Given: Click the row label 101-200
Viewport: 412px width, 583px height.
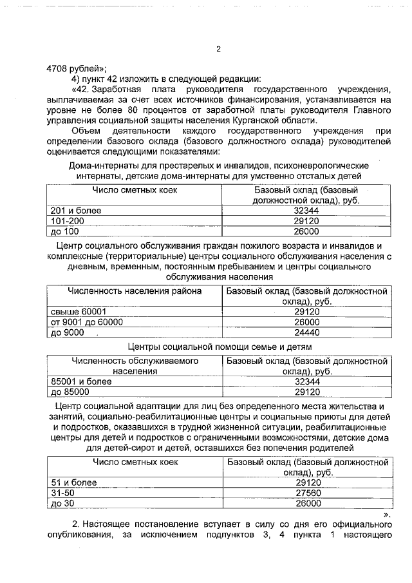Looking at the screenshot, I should pos(67,221).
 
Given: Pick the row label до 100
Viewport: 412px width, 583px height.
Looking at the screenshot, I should pos(64,231).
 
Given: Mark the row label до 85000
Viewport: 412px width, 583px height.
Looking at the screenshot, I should pos(70,392).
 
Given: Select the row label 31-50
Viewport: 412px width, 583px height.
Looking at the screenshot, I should pos(62,493).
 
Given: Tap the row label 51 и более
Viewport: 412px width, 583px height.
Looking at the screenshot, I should pos(73,483).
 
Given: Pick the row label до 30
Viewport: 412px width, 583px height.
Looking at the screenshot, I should pos(63,503).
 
